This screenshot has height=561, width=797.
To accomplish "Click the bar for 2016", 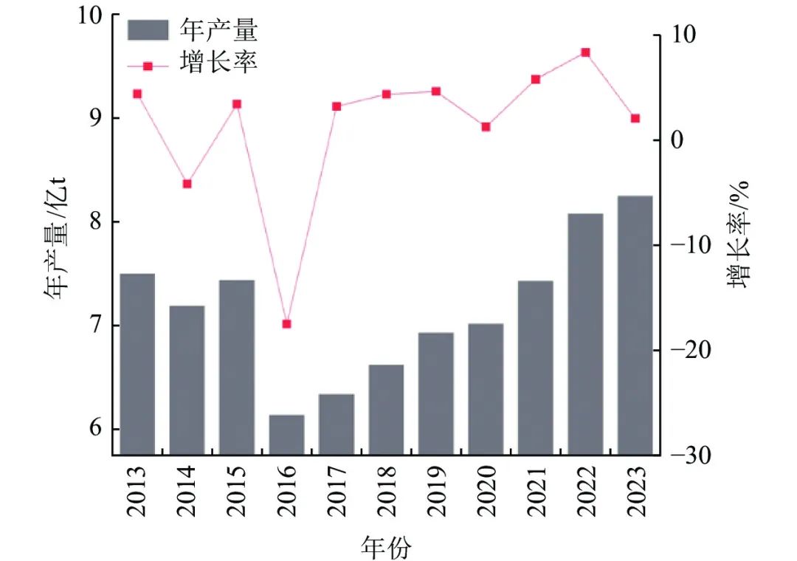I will pyautogui.click(x=286, y=435).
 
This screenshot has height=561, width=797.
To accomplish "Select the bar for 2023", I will pyautogui.click(x=635, y=325).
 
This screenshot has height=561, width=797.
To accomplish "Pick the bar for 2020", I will pyautogui.click(x=486, y=389).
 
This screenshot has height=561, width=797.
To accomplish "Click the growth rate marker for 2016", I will pyautogui.click(x=286, y=324).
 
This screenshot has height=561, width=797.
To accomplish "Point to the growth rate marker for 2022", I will pyautogui.click(x=585, y=52).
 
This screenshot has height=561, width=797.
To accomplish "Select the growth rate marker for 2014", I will pyautogui.click(x=187, y=184).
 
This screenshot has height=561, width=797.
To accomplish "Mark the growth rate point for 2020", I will pyautogui.click(x=486, y=127).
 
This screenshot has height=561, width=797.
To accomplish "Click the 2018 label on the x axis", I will pyautogui.click(x=386, y=492).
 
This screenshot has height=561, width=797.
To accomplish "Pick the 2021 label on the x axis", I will pyautogui.click(x=535, y=492).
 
